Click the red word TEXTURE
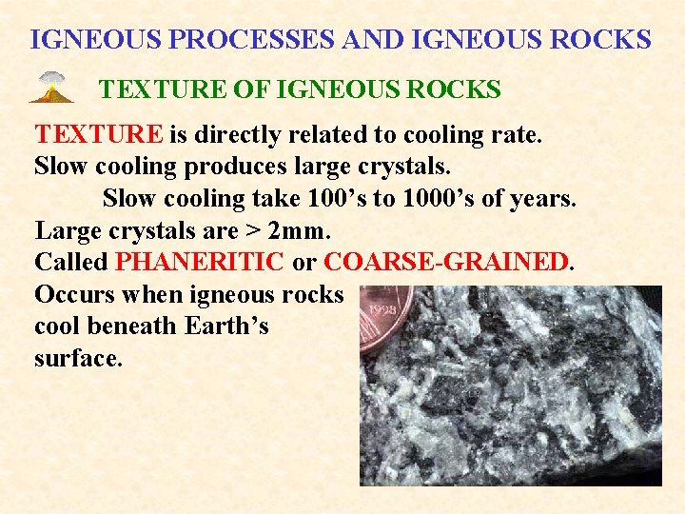[x=99, y=134]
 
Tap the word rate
[x=517, y=134]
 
